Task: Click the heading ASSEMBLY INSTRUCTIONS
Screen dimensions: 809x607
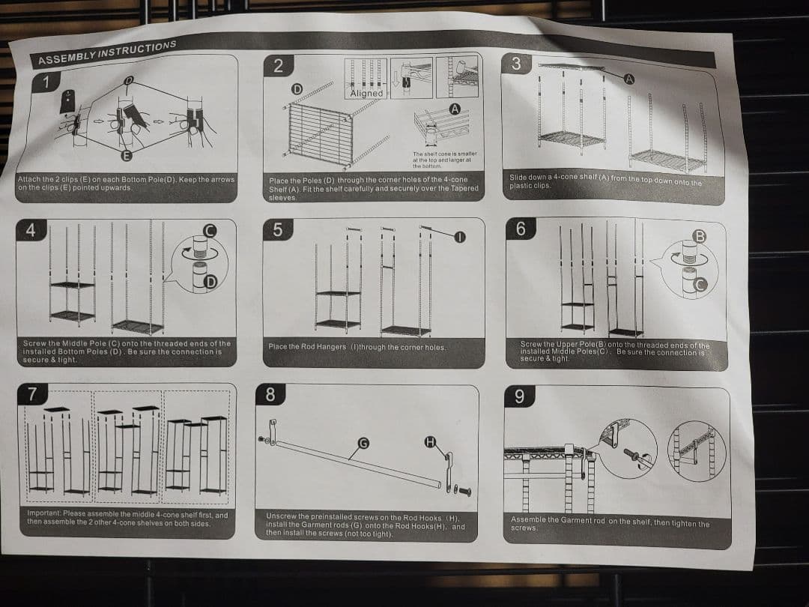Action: pos(107,52)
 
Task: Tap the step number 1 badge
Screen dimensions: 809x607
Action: pos(46,82)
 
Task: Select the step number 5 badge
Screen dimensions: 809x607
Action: pos(278,230)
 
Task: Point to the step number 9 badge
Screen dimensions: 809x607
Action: pos(519,396)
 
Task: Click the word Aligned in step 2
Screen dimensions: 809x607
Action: pos(366,94)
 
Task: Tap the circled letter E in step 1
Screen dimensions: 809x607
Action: pos(126,155)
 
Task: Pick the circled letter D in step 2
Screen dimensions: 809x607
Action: pos(297,88)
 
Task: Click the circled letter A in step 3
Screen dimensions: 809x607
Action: pos(629,79)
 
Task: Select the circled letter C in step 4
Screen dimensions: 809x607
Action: pos(210,231)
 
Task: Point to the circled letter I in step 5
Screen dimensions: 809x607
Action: pos(460,237)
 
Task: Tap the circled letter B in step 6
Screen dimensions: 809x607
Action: pos(699,236)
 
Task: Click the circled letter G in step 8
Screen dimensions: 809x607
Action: pos(363,443)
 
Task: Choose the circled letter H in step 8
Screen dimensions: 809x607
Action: pos(430,442)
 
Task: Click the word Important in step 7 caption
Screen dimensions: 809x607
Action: pos(44,513)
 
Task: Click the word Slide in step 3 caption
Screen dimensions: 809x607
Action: pos(518,177)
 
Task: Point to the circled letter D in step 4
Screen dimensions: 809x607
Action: pos(210,282)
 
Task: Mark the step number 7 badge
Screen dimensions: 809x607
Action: pos(32,394)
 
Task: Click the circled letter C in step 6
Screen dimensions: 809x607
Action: pos(700,285)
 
